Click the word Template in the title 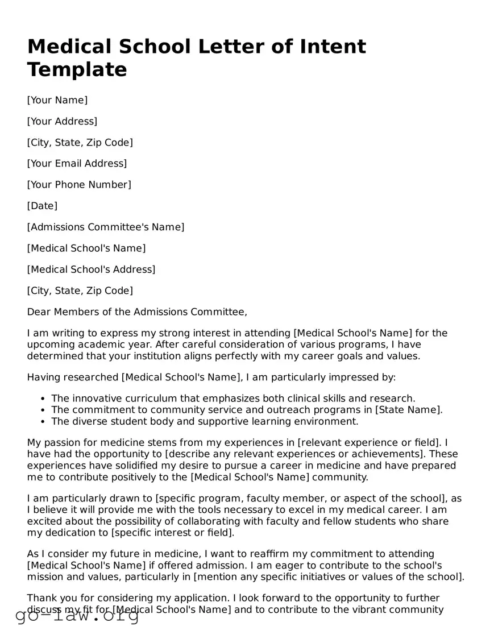point(77,69)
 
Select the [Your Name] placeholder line point(57,100)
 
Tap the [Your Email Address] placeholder point(77,164)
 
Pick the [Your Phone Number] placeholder point(79,185)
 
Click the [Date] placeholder point(42,206)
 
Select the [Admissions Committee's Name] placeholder point(106,227)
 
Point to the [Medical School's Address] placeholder point(91,269)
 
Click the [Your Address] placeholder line point(62,121)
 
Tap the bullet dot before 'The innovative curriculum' point(44,399)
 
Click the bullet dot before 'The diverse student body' point(44,422)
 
